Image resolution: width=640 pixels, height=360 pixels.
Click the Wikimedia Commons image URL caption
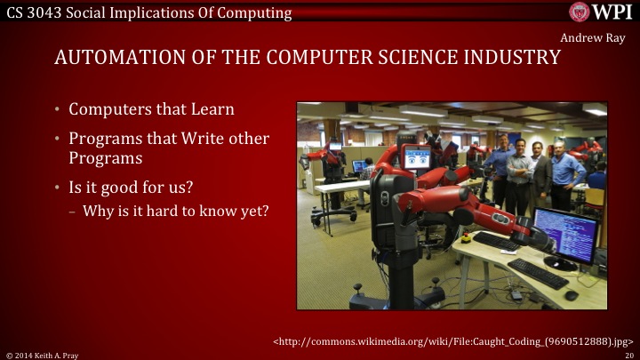point(452,340)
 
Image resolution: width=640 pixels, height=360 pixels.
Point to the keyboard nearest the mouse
point(537,273)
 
